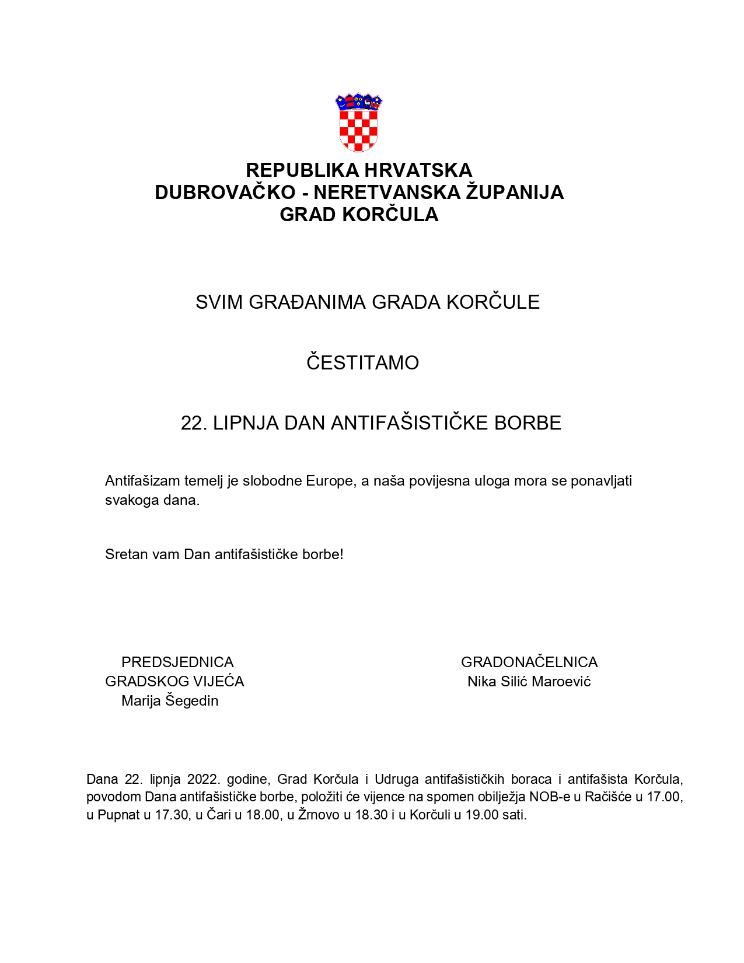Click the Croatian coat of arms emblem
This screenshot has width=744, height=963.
click(x=358, y=123)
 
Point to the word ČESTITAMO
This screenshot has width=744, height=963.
click(x=362, y=363)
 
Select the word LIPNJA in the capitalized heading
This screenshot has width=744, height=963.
click(x=246, y=423)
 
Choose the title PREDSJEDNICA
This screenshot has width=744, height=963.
click(x=177, y=662)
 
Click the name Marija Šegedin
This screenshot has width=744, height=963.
click(x=170, y=701)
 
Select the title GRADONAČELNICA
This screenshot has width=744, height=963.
click(x=529, y=662)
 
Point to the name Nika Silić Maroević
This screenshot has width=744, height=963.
click(x=529, y=682)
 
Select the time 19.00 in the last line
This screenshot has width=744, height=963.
click(x=481, y=815)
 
